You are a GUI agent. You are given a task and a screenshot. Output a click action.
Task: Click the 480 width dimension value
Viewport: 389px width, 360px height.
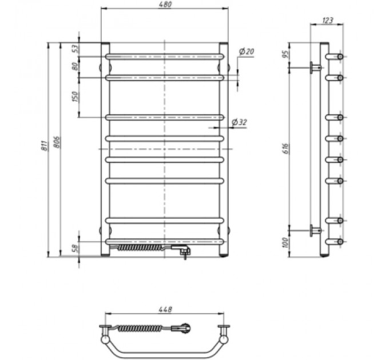tap(164, 5)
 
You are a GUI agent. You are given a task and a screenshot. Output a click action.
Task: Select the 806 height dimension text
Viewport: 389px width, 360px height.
tap(56, 143)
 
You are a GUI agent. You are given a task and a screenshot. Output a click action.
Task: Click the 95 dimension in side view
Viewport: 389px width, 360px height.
tap(285, 55)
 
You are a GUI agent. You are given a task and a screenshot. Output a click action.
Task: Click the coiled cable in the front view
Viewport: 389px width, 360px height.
tap(140, 249)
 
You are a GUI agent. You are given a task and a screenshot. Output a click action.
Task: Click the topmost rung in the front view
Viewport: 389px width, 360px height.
tap(164, 57)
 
